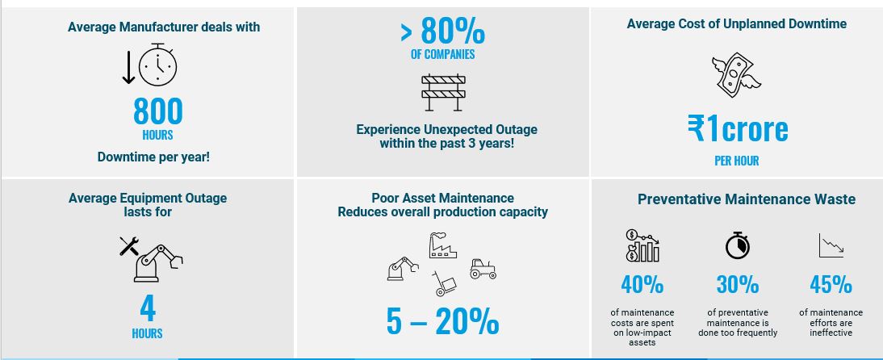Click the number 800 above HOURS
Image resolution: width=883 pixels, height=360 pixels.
point(158,111)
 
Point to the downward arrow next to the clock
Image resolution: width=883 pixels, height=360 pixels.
point(128,66)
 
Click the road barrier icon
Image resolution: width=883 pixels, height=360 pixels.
point(444,92)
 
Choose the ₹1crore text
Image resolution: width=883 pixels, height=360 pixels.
point(738,129)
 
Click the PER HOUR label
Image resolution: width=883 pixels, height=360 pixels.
point(737,161)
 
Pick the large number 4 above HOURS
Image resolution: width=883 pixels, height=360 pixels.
point(148,308)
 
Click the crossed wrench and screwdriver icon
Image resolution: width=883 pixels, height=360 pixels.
point(129,246)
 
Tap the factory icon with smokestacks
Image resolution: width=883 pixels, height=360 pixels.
point(442,245)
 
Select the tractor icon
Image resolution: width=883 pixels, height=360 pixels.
point(483,269)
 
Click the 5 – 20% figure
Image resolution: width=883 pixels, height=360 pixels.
point(442,322)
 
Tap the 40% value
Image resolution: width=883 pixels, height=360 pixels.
point(642,285)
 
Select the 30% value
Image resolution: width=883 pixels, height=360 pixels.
point(738,285)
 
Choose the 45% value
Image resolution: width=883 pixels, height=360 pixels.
point(831,285)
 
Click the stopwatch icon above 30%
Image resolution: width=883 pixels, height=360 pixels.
point(738,245)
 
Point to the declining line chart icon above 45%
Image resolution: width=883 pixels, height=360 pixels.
point(831,245)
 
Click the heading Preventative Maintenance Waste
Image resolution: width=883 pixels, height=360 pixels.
point(747,199)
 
